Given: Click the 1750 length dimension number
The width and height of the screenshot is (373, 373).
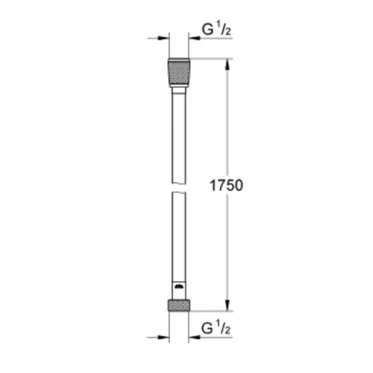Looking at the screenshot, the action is (226, 185).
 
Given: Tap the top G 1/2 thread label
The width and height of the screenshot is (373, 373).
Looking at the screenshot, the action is (216, 30).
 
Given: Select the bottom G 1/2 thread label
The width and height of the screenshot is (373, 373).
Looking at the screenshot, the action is (216, 328).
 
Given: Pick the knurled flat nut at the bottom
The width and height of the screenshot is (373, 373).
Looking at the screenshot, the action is (179, 305).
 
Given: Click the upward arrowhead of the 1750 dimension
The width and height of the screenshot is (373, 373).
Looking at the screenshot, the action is (228, 64).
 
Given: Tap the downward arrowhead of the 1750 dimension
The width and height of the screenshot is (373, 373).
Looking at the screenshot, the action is (228, 305).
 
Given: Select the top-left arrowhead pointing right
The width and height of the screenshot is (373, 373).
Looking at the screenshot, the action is (164, 38).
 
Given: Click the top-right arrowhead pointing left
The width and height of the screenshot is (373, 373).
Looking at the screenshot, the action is (194, 38).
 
